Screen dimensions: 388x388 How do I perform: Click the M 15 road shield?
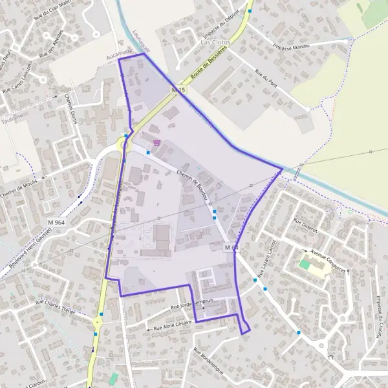click(x=178, y=89)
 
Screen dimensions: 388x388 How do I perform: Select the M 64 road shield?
click(x=232, y=247)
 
